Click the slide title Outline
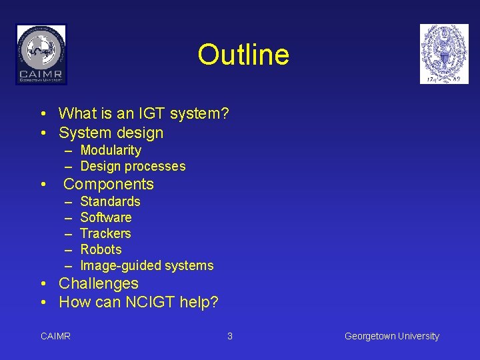point(243,55)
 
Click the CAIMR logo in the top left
point(41,54)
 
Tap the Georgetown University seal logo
point(444,54)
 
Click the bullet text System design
point(111,133)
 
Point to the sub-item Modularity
point(111,150)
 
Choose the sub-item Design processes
point(133,166)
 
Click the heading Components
point(109,184)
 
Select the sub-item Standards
point(110,201)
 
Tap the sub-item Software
point(106,217)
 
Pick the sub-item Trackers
point(105,233)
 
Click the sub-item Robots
point(101,249)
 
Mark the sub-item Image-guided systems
point(147,265)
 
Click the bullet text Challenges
point(99,283)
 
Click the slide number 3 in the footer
point(230,336)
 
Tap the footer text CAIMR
point(55,336)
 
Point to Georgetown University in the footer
point(391,336)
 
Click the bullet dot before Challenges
point(43,284)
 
